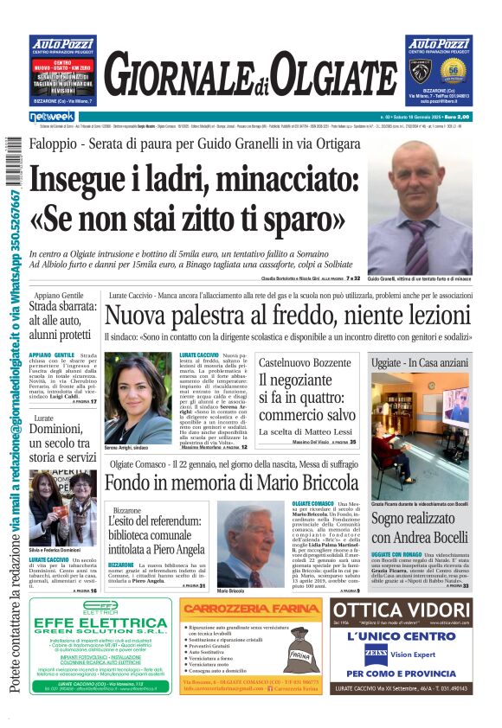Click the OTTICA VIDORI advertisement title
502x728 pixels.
(400, 611)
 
